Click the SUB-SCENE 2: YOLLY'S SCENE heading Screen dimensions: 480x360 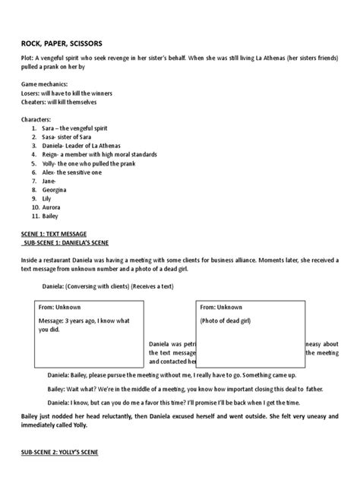click(x=66, y=453)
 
